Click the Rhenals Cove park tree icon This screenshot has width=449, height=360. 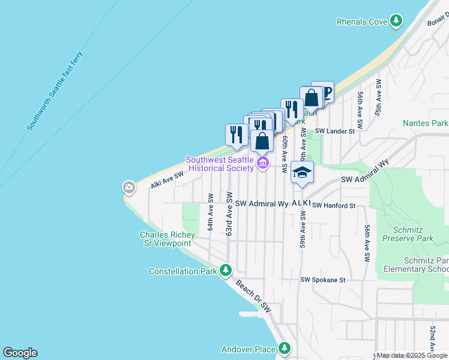coord(396,22)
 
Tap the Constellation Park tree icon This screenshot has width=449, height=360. coord(225,271)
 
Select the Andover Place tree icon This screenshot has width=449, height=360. coord(284,349)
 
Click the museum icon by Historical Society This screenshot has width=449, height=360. coord(262,163)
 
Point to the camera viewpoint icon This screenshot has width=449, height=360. coord(129,188)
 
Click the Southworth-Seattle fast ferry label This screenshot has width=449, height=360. coord(55,92)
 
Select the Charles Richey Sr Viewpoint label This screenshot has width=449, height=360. coord(165,239)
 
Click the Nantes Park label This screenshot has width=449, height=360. coord(426,123)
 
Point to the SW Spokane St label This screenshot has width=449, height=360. coord(323,280)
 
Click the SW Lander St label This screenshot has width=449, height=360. coord(336,131)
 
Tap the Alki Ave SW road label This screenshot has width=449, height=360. coord(167,179)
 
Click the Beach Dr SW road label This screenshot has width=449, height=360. coord(253,296)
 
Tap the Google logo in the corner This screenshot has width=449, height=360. coord(20,353)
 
